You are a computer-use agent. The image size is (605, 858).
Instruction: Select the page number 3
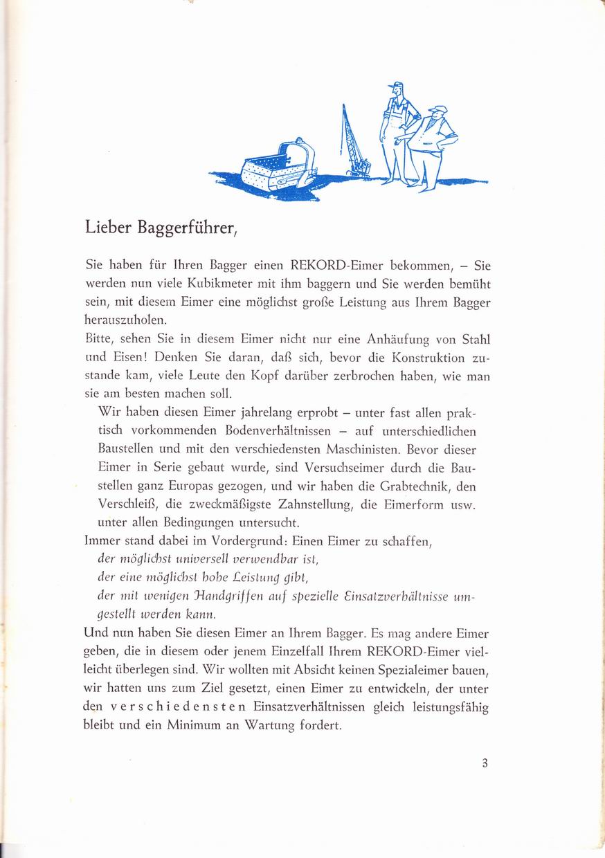pos(485,764)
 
